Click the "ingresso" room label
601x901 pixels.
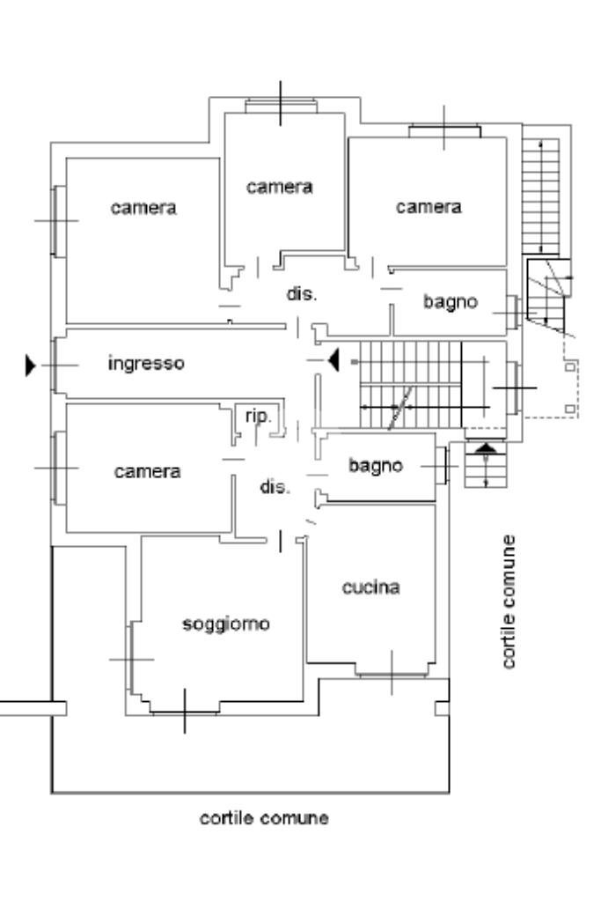click(x=146, y=363)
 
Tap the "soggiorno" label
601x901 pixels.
click(x=225, y=624)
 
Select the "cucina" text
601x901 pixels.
click(x=370, y=587)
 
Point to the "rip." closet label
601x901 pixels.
click(x=257, y=416)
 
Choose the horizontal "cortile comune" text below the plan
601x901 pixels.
click(x=264, y=818)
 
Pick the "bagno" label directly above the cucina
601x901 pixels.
click(x=375, y=465)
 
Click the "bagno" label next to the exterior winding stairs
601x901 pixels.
click(x=450, y=302)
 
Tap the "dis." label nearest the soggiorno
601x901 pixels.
click(x=274, y=487)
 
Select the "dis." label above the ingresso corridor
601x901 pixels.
click(x=301, y=295)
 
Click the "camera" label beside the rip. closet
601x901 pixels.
click(x=147, y=471)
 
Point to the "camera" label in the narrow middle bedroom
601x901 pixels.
click(x=280, y=187)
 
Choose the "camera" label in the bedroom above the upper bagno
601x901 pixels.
click(x=429, y=207)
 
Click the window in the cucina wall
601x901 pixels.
click(x=392, y=675)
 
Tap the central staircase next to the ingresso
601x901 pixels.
click(x=409, y=385)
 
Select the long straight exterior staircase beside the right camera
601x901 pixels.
click(x=540, y=195)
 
